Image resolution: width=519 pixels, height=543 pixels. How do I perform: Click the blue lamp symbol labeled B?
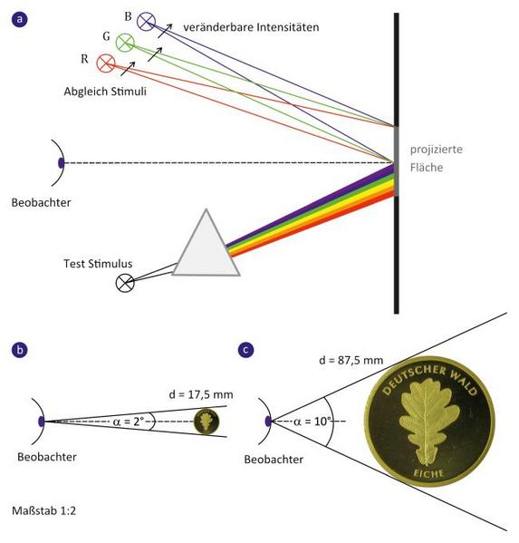click(x=147, y=21)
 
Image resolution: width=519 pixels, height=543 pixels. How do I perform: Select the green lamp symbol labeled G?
click(x=125, y=43)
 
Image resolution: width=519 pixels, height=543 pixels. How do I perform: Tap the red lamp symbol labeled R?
click(x=106, y=63)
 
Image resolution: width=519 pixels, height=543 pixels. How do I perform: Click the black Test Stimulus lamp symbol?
click(x=125, y=283)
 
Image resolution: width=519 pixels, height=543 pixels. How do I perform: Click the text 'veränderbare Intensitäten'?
click(x=251, y=27)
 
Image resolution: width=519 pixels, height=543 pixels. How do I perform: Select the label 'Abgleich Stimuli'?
click(x=105, y=92)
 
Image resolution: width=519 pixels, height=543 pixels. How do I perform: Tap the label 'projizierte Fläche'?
click(x=436, y=159)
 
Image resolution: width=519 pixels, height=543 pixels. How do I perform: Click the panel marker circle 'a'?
click(x=19, y=19)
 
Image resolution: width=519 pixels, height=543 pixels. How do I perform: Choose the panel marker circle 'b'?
click(x=19, y=349)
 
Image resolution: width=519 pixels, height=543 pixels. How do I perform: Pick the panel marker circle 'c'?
click(x=246, y=350)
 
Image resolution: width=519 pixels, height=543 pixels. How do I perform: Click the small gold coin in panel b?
click(x=207, y=422)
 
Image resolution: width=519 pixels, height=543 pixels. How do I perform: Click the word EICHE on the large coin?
click(x=429, y=473)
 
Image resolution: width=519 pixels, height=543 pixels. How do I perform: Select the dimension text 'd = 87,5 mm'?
click(x=351, y=361)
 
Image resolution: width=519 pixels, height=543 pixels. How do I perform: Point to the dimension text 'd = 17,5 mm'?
click(x=201, y=394)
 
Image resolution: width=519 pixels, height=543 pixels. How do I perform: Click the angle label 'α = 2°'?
click(x=128, y=422)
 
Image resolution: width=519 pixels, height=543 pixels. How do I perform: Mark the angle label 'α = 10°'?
click(x=312, y=422)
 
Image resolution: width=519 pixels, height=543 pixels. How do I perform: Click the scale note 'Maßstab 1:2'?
click(x=43, y=510)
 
